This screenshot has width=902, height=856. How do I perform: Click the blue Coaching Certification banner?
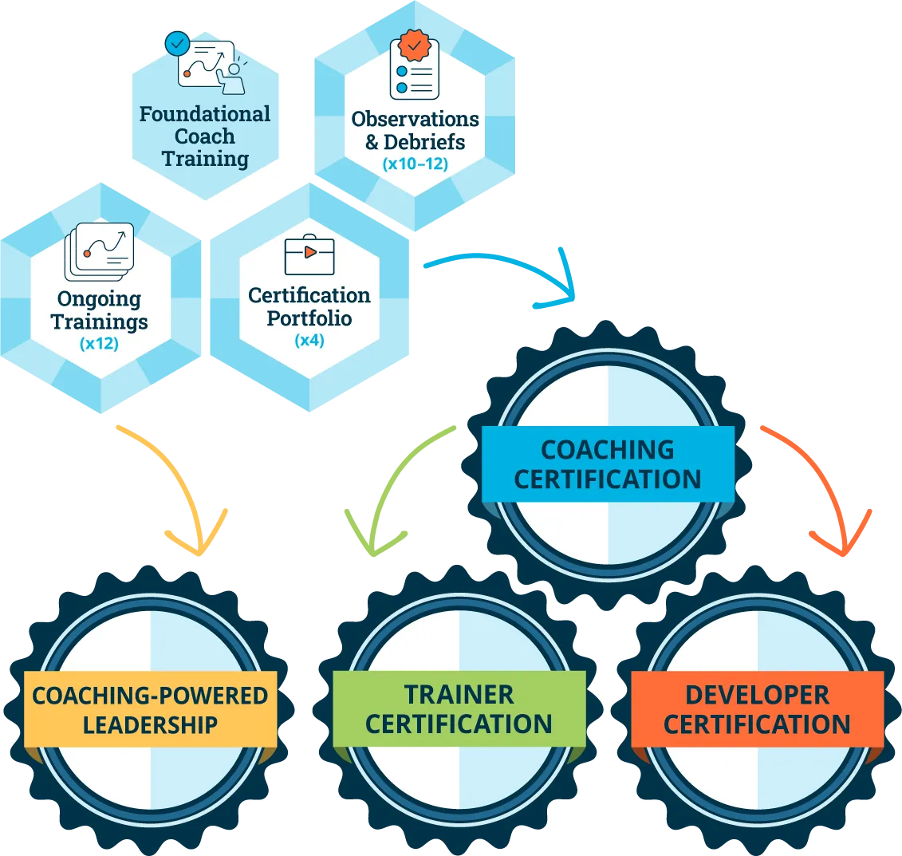point(608,464)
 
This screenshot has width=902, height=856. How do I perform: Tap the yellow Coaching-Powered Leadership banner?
point(151,709)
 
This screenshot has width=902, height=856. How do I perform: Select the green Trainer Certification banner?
point(459,709)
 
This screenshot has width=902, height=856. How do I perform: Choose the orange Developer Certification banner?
point(757,709)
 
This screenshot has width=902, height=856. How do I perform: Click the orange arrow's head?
point(839,539)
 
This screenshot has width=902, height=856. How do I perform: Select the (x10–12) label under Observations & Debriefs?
point(415,165)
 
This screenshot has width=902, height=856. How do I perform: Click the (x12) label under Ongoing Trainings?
point(99,345)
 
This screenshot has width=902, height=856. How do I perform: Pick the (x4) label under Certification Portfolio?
point(309,341)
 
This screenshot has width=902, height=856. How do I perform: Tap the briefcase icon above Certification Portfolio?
point(309,254)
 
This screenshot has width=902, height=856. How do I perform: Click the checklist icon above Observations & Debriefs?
point(413,68)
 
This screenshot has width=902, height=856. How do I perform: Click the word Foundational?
point(205,114)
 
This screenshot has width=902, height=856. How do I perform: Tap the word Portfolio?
point(309,318)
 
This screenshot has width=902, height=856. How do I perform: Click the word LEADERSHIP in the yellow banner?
point(151,724)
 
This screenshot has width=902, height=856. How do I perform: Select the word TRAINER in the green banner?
point(459,694)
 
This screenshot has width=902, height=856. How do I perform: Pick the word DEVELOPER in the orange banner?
point(757,694)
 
